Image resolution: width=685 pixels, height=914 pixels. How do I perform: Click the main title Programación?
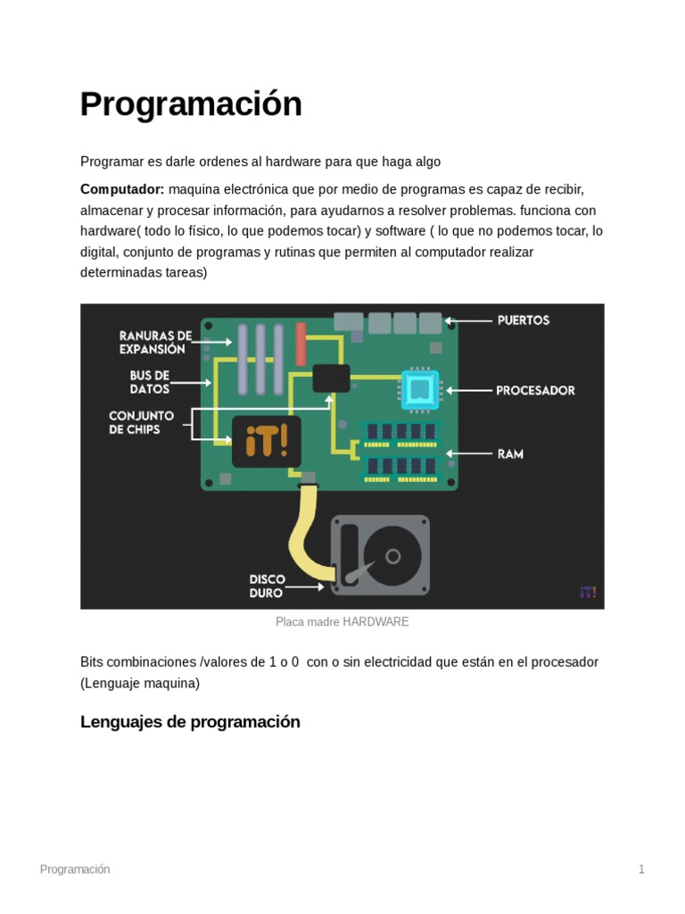pyautogui.click(x=191, y=104)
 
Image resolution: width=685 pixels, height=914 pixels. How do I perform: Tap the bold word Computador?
pyautogui.click(x=122, y=189)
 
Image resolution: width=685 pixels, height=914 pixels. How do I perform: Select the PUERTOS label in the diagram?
pyautogui.click(x=523, y=320)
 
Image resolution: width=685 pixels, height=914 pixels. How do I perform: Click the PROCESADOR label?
pyautogui.click(x=535, y=390)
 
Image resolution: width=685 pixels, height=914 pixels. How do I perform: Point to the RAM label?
pyautogui.click(x=510, y=453)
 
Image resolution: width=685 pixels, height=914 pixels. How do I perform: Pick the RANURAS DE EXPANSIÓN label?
pyautogui.click(x=155, y=342)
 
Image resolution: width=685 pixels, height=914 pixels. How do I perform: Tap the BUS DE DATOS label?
pyautogui.click(x=149, y=382)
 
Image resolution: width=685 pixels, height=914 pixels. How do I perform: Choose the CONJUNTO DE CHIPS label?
pyautogui.click(x=141, y=422)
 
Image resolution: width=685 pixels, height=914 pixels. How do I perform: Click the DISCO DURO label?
pyautogui.click(x=267, y=586)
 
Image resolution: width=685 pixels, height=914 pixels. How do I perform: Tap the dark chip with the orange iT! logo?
pyautogui.click(x=266, y=441)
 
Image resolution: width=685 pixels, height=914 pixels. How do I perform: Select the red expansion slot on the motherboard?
pyautogui.click(x=301, y=345)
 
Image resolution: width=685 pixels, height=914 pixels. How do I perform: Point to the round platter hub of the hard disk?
pyautogui.click(x=392, y=556)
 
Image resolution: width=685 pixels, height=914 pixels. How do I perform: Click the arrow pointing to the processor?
pyautogui.click(x=468, y=390)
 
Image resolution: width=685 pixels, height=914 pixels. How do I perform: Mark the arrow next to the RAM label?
pyautogui.click(x=470, y=453)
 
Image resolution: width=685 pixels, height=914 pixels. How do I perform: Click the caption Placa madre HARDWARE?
pyautogui.click(x=342, y=621)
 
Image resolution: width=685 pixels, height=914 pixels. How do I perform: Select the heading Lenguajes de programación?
pyautogui.click(x=190, y=721)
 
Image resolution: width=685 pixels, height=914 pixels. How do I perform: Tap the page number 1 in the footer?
pyautogui.click(x=640, y=869)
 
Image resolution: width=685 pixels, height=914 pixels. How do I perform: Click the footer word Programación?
pyautogui.click(x=75, y=869)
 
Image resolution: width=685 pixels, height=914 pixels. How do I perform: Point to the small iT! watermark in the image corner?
pyautogui.click(x=587, y=592)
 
